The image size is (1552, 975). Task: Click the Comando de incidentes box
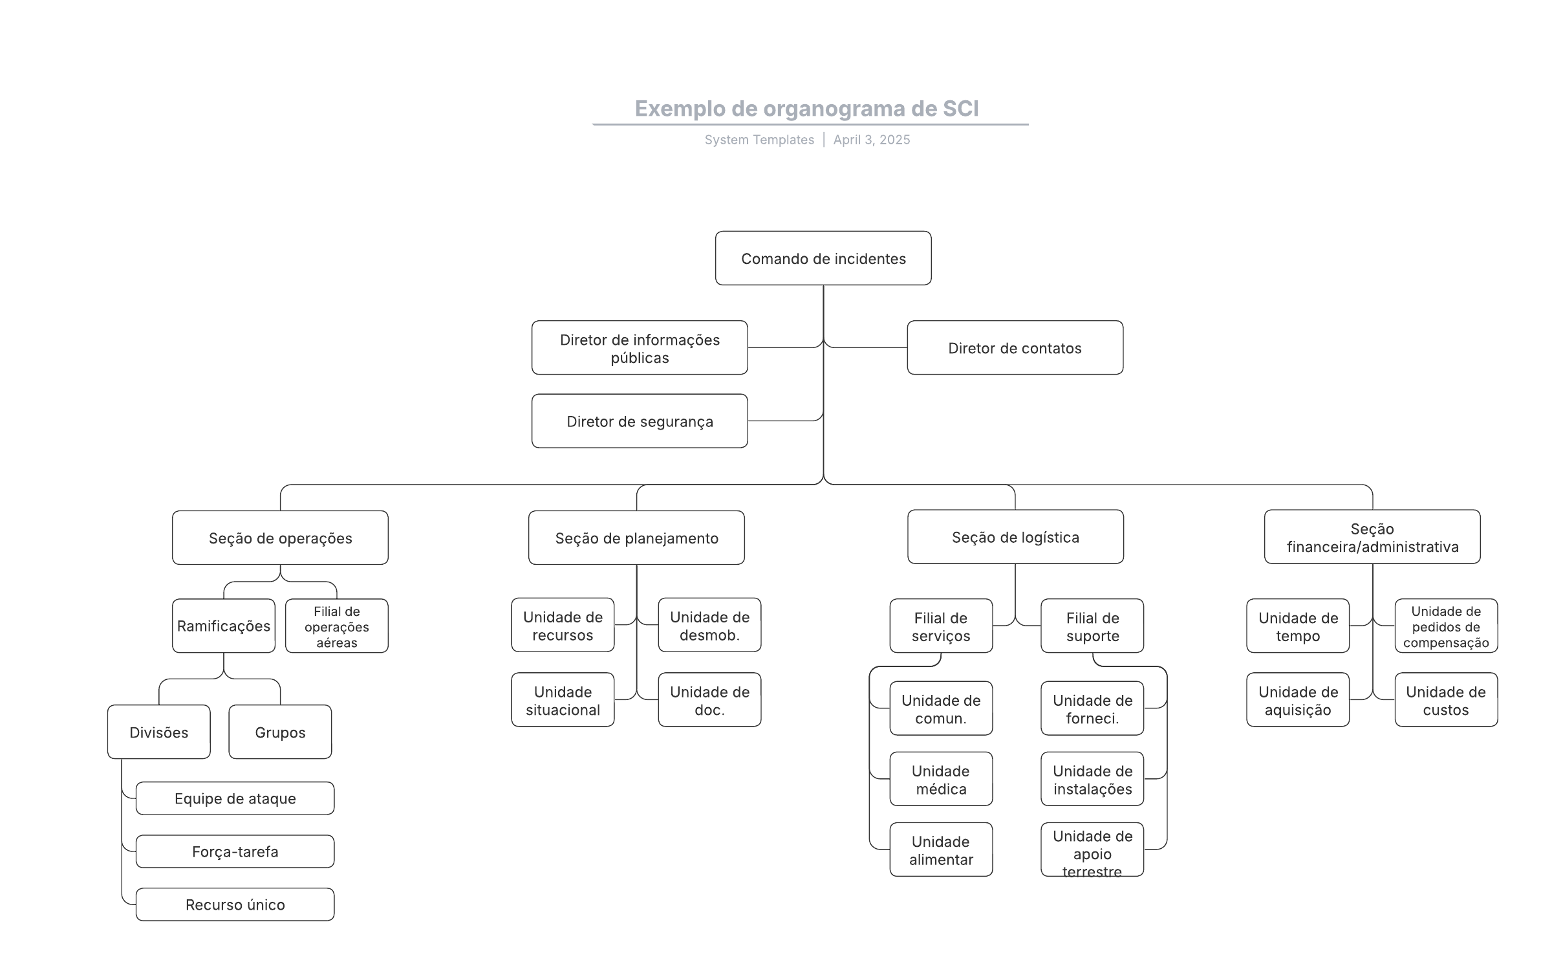(x=823, y=258)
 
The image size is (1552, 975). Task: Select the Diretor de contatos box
(x=1015, y=347)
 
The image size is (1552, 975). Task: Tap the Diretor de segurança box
(x=640, y=421)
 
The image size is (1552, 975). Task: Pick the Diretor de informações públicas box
(x=640, y=347)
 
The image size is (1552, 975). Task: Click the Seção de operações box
(x=280, y=538)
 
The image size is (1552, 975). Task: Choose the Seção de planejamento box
(x=636, y=538)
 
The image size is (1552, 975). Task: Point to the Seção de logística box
(x=1016, y=537)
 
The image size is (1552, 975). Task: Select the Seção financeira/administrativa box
(x=1372, y=537)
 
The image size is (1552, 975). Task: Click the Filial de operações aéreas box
(x=337, y=626)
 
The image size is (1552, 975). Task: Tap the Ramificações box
(x=224, y=626)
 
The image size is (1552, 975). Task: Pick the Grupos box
(x=280, y=732)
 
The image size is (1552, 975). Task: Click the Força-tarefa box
(x=235, y=851)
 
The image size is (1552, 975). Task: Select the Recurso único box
(x=235, y=904)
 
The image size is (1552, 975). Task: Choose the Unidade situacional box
(x=563, y=700)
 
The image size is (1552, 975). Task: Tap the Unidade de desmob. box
(x=709, y=625)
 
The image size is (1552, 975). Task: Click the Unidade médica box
(x=941, y=779)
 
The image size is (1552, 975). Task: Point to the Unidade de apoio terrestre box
(x=1092, y=849)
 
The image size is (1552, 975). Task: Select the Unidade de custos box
(x=1446, y=700)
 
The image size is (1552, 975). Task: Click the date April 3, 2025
(x=871, y=140)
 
